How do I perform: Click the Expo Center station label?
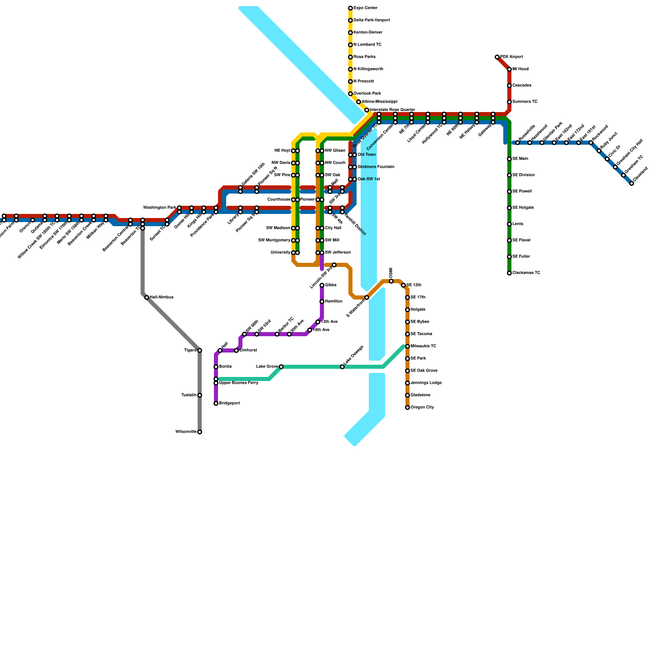coord(366,8)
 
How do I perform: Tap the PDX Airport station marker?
coord(497,57)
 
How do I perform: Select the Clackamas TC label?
coord(526,273)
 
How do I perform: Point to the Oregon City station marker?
coord(407,407)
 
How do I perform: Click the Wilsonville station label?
coord(186,432)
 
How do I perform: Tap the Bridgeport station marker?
coord(216,403)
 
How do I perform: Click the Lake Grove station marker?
coord(281,367)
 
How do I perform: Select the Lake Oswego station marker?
coord(342,367)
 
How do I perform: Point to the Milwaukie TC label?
coord(423,346)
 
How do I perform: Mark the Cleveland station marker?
coord(632,183)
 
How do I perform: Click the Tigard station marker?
coord(200,350)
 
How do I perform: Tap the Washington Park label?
coord(160,208)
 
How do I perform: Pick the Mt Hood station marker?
coord(509,69)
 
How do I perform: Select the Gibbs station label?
coord(330,285)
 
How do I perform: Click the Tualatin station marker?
coord(200,395)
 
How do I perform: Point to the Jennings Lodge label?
coord(426,383)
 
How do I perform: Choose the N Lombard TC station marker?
coord(350,45)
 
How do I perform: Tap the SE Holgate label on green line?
coord(523,208)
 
